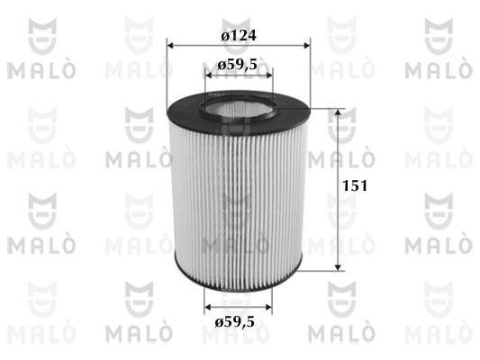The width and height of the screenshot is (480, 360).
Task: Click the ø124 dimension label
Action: coord(239,36)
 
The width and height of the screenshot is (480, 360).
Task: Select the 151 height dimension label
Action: coord(355,185)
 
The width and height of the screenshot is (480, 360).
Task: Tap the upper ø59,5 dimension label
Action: coord(237,65)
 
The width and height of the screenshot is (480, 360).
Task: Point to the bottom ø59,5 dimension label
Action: coord(234,322)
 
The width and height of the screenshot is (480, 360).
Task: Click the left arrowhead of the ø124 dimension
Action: coord(170,46)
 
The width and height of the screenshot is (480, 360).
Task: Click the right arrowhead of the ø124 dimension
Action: coord(306,46)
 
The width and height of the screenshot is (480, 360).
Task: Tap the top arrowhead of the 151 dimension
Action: coord(338,112)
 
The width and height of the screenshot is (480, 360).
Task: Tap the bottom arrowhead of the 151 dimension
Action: coord(338,267)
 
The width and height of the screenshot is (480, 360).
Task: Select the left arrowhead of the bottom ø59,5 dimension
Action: coord(208,307)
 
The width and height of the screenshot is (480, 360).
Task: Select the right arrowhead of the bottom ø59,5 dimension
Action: coord(268,307)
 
